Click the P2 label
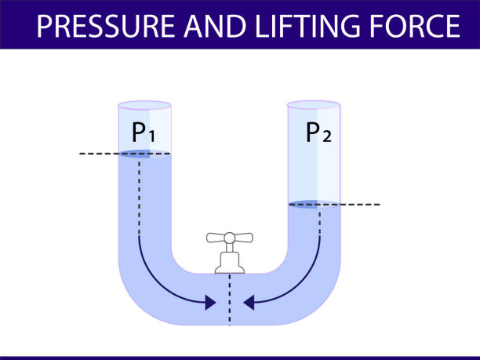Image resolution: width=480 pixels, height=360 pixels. pyautogui.click(x=318, y=133)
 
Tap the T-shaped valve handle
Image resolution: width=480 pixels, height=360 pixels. pyautogui.click(x=230, y=238)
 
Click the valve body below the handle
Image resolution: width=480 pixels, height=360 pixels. pyautogui.click(x=230, y=261)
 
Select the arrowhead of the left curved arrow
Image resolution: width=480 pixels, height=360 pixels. pyautogui.click(x=210, y=301)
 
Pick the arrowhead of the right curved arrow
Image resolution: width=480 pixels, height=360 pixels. pyautogui.click(x=250, y=301)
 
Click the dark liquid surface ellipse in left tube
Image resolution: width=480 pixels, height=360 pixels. pyautogui.click(x=137, y=155)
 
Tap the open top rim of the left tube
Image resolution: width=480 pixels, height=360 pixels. pyautogui.click(x=144, y=104)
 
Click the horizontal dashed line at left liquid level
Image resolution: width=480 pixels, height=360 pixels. pyautogui.click(x=98, y=155)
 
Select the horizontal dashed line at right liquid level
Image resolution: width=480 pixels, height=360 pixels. pyautogui.click(x=361, y=205)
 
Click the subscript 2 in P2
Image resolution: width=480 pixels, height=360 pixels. pyautogui.click(x=327, y=137)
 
